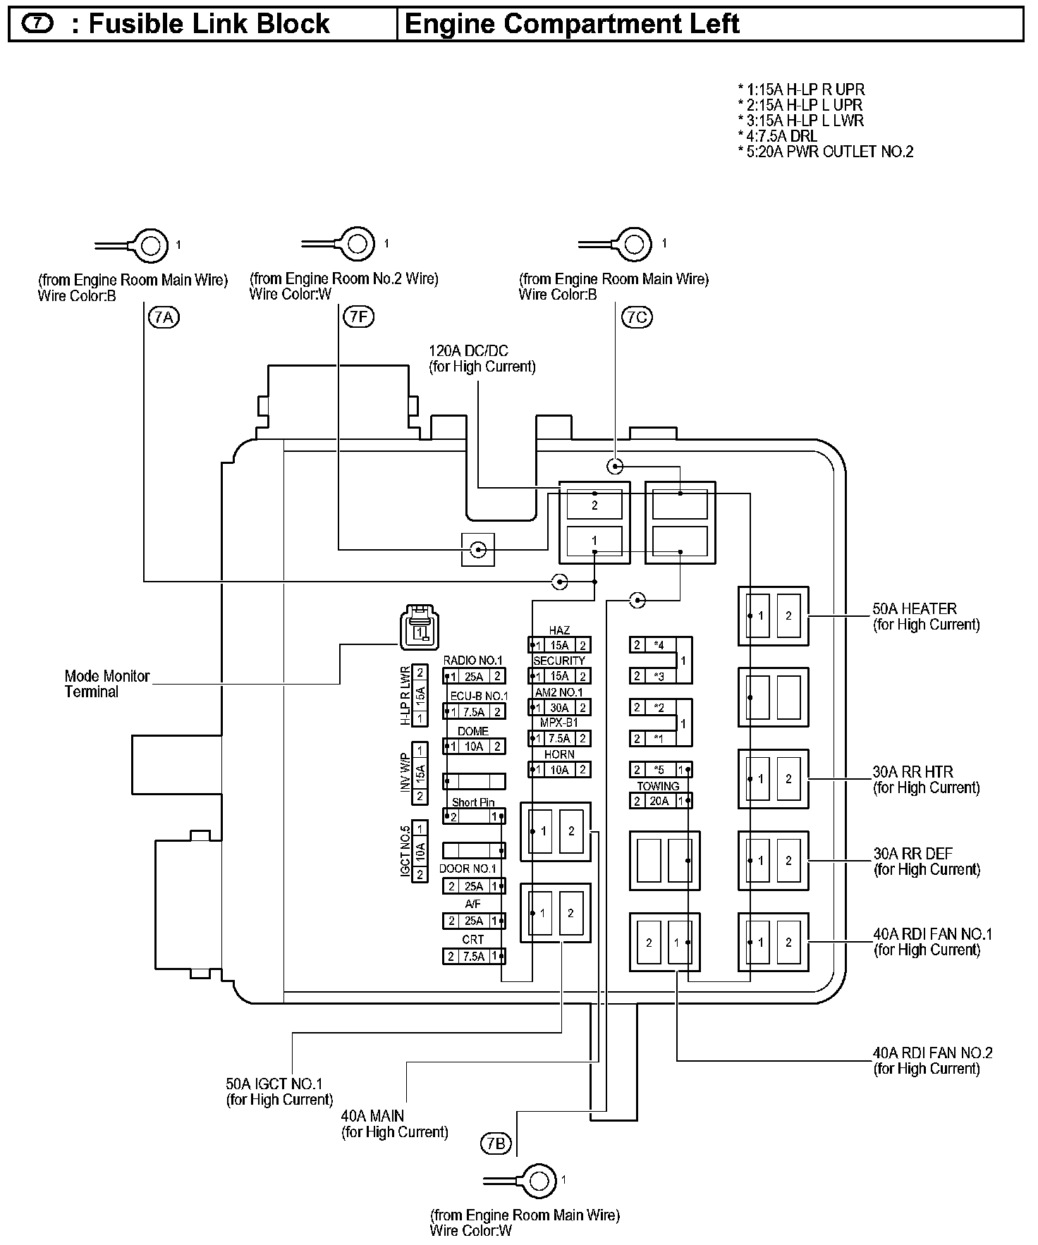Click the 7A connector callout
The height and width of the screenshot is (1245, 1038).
point(164,318)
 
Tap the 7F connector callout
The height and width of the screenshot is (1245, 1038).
point(358,317)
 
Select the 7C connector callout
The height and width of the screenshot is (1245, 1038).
point(636,317)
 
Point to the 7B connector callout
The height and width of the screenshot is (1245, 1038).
point(496,1144)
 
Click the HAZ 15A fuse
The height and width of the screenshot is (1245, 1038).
point(559,645)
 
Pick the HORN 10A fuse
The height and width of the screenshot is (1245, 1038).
point(559,770)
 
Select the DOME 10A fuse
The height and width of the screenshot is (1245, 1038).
point(474,746)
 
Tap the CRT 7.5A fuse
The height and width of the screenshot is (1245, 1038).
point(474,956)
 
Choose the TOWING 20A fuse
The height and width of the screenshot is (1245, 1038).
point(660,800)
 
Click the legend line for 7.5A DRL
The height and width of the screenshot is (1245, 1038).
point(778,136)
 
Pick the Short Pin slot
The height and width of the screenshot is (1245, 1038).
point(474,816)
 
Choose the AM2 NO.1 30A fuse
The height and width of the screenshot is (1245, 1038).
point(559,707)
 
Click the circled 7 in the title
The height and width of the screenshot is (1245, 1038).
point(37,23)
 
